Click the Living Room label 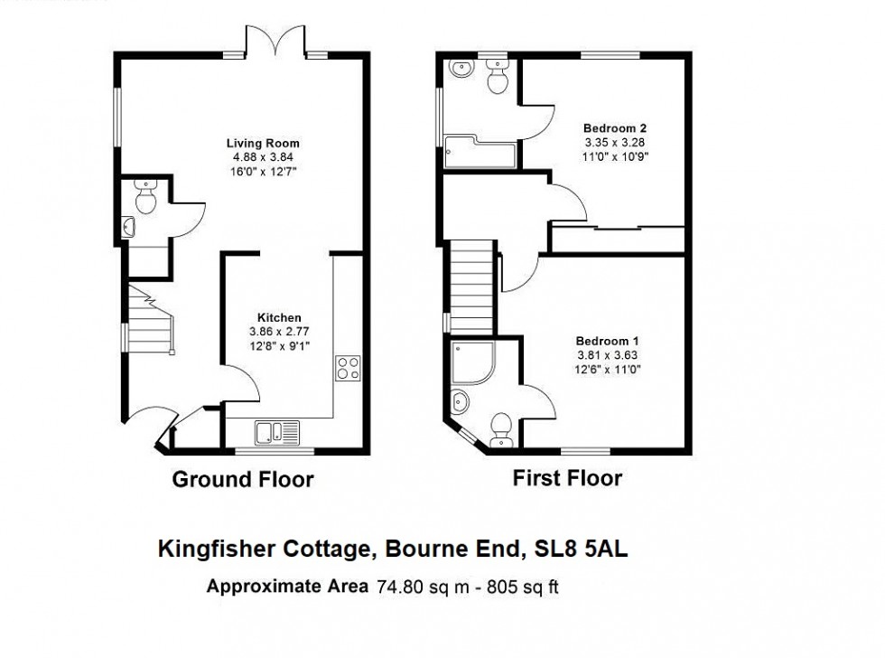(262, 143)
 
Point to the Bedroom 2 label (614, 128)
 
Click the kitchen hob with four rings (348, 368)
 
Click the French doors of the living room (276, 41)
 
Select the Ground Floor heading (243, 479)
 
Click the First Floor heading (567, 477)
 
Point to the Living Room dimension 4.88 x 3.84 (262, 156)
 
